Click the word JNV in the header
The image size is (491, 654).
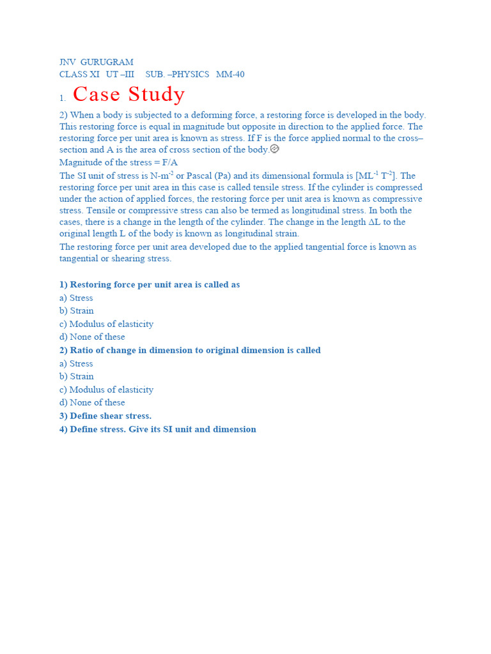pyautogui.click(x=67, y=63)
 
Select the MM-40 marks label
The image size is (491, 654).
pyautogui.click(x=230, y=75)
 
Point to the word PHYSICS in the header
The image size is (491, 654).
pyautogui.click(x=190, y=75)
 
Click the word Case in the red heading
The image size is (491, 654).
pyautogui.click(x=97, y=95)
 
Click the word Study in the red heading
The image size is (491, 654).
pyautogui.click(x=157, y=95)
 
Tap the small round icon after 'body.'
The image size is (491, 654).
pyautogui.click(x=274, y=149)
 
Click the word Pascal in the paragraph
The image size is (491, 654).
pyautogui.click(x=201, y=176)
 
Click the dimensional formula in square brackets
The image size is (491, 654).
pyautogui.click(x=377, y=176)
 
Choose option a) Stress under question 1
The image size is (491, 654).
pyautogui.click(x=76, y=298)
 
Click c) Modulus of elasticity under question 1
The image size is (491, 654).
pyautogui.click(x=106, y=324)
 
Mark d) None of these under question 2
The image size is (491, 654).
pyautogui.click(x=92, y=403)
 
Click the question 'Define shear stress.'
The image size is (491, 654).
pyautogui.click(x=105, y=416)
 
